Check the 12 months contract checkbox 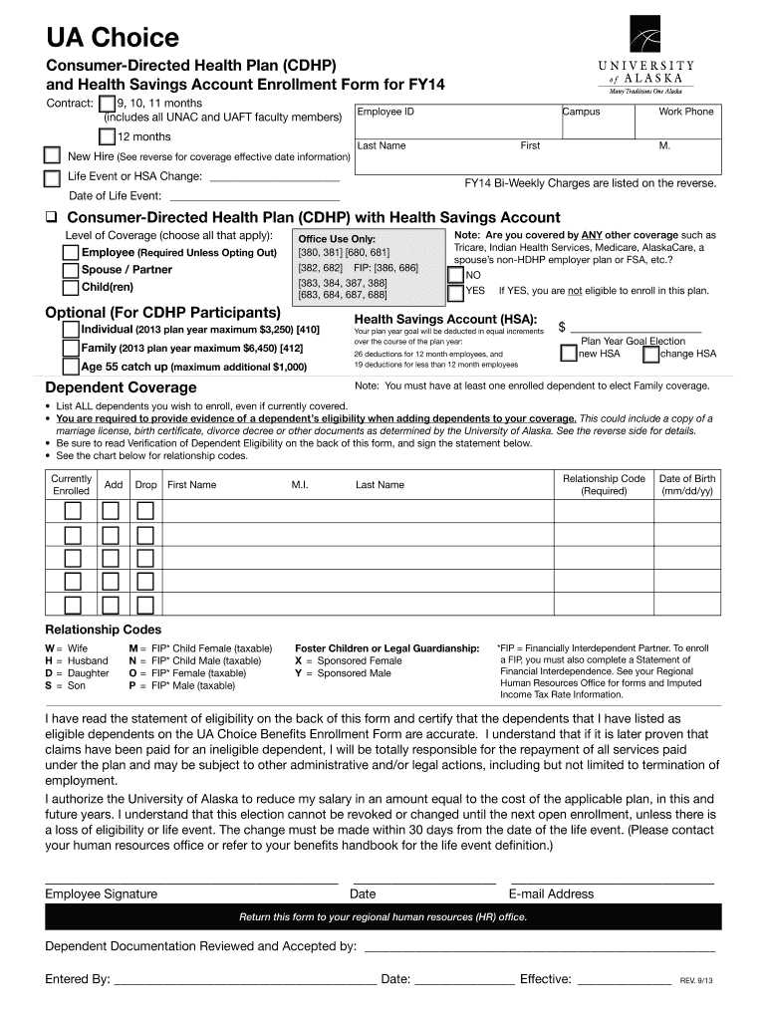(x=107, y=137)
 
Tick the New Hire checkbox (x=52, y=156)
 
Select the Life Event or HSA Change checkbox (x=52, y=179)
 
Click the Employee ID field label (x=385, y=112)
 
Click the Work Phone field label (x=685, y=112)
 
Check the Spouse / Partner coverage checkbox (x=71, y=270)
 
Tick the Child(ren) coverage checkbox (x=71, y=289)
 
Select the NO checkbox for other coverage (x=455, y=275)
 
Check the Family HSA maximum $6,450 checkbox (x=71, y=349)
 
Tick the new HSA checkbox (x=568, y=354)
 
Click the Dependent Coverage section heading (x=121, y=387)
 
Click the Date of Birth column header (x=687, y=485)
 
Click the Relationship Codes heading (x=104, y=630)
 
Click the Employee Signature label (x=101, y=894)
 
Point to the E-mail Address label (x=551, y=894)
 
